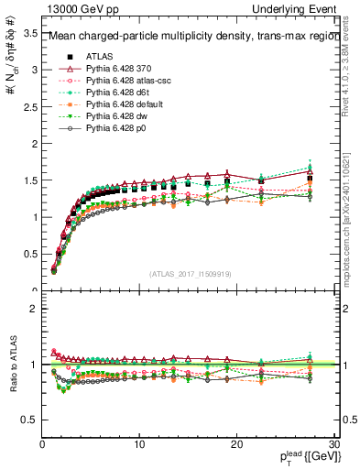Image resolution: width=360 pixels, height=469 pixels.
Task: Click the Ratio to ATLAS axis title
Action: click(12, 364)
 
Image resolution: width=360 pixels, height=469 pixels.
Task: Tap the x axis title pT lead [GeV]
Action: click(305, 457)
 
